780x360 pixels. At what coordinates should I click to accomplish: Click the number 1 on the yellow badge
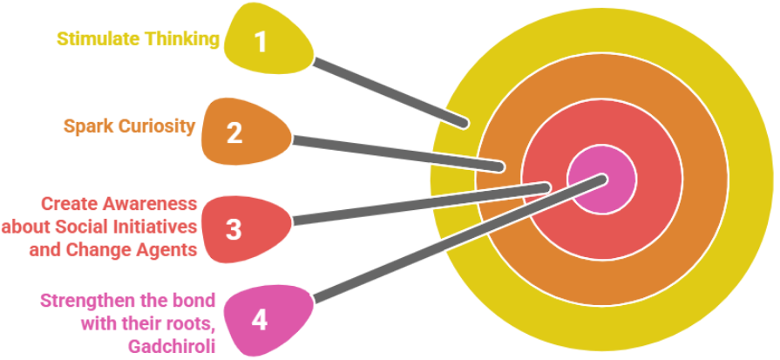(x=260, y=41)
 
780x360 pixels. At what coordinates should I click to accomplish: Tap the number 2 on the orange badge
(x=234, y=134)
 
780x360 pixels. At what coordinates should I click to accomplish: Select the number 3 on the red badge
(x=234, y=229)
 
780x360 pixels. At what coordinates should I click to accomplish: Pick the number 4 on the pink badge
(x=259, y=320)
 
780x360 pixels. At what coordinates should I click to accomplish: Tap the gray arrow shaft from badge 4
(x=453, y=237)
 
